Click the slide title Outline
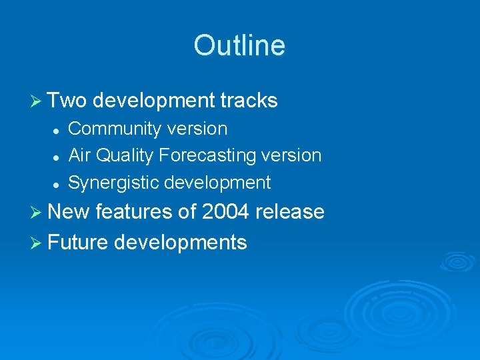(239, 45)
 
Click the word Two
(67, 101)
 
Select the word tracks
(249, 101)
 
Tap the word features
(135, 212)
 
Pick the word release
(292, 212)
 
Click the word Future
(78, 242)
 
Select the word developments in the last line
(180, 242)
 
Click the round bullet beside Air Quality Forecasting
(57, 157)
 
